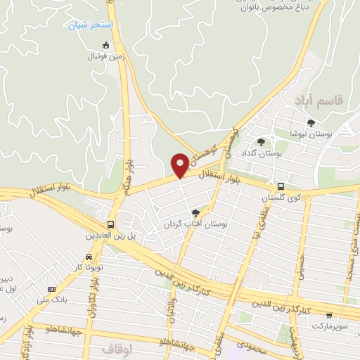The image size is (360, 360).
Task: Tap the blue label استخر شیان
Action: click(x=90, y=25)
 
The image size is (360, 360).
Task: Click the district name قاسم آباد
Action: click(x=326, y=101)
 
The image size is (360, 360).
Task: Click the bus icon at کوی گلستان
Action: click(x=281, y=187)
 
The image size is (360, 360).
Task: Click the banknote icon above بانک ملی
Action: click(x=51, y=289)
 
